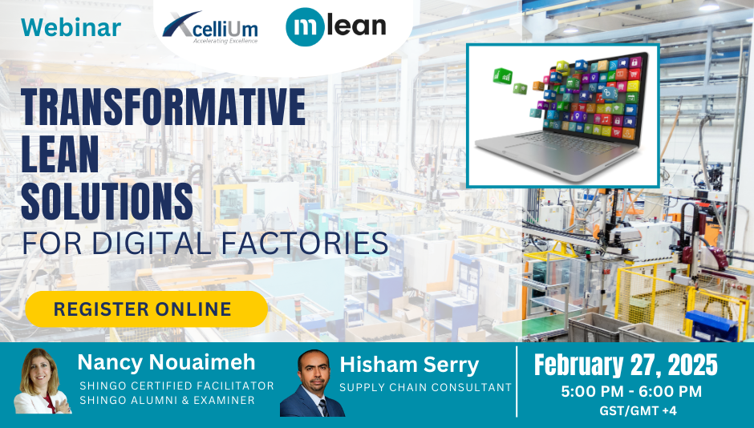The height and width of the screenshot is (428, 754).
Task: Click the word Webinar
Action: [71, 27]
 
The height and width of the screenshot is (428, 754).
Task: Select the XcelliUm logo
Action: [210, 28]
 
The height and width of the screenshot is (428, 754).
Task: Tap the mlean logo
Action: [336, 27]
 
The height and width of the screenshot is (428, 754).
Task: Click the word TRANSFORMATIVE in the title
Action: [163, 107]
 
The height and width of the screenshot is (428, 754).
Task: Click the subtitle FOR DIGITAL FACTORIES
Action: [205, 242]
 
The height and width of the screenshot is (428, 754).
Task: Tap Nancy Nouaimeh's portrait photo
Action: [43, 382]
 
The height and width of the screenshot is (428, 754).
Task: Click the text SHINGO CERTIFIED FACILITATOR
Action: [176, 386]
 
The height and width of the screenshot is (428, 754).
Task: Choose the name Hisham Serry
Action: [409, 365]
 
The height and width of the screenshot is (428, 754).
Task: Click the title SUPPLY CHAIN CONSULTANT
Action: [425, 388]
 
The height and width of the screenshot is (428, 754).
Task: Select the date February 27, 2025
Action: [626, 365]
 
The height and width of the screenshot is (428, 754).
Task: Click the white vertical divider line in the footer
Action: [517, 382]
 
